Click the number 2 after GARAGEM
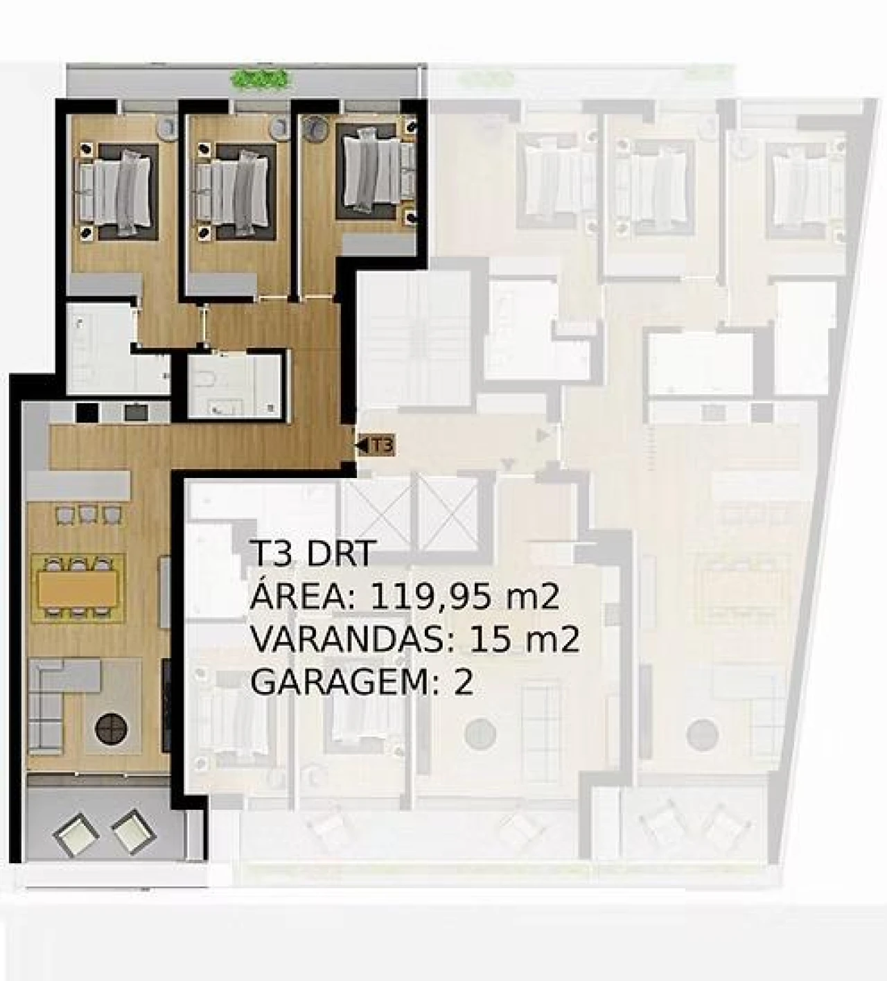coord(463,684)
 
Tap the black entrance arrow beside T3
coord(361,445)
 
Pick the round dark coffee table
coord(110,730)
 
